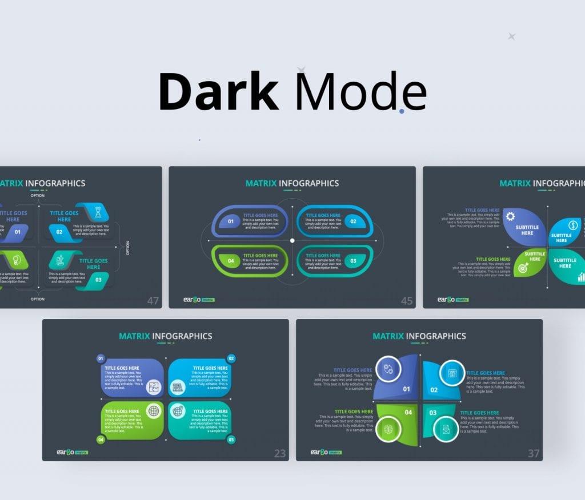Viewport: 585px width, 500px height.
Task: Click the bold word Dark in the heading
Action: coord(218,91)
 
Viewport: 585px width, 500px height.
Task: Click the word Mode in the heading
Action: coord(360,91)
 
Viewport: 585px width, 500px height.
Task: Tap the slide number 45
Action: coord(407,301)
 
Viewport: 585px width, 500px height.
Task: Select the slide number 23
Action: coord(280,454)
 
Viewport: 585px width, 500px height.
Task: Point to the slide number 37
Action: coord(534,454)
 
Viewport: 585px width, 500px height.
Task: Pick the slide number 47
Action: coord(153,301)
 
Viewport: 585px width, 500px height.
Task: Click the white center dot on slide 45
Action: coord(292,240)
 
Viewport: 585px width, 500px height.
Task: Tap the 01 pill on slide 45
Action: coord(231,221)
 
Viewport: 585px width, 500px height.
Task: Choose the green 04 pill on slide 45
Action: coord(231,261)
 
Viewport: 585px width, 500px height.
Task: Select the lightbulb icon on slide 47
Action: coord(17,260)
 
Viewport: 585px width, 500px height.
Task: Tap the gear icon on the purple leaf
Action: coord(510,216)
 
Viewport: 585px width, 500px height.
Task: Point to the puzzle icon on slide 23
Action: coord(153,388)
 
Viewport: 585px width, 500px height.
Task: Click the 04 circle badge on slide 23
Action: coord(101,439)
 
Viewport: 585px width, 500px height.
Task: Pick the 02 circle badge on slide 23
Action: coord(231,358)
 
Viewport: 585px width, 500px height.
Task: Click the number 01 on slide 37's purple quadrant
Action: coord(407,390)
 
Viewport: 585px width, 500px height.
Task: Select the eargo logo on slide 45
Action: coord(192,299)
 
